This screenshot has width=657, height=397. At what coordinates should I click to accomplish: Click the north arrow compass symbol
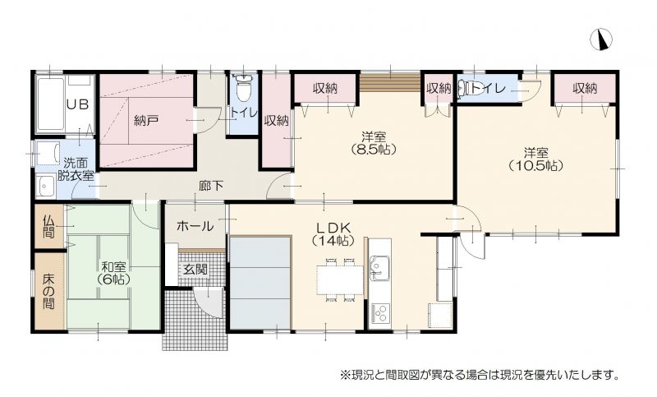pos(601,40)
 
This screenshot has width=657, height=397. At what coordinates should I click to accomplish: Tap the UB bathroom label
pos(78,104)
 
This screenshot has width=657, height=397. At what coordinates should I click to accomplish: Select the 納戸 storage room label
pos(146,121)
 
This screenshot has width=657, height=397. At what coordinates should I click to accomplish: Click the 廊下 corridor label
pos(211,186)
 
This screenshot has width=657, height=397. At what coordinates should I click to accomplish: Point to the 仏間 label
pos(49,226)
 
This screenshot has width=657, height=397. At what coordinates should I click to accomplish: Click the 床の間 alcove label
pos(49,291)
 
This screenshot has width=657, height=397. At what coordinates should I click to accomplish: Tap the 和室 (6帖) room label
pos(113,273)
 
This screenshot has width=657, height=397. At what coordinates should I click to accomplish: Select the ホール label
pos(195,227)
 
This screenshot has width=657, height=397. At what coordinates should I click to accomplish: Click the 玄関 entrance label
pos(195,269)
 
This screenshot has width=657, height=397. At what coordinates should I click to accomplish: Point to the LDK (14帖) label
pos(333,234)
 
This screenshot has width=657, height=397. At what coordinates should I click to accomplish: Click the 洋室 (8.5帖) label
pos(374,142)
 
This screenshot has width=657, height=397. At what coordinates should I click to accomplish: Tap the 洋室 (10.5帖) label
pos(535,159)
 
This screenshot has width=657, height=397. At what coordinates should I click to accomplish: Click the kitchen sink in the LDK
pos(379,268)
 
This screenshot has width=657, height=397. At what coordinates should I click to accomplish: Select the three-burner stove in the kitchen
pos(379,312)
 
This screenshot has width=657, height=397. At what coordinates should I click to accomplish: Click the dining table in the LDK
pos(340,280)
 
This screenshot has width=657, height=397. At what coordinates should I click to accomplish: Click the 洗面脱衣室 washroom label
pos(76,169)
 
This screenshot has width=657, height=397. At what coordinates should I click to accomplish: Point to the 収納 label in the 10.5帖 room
pos(585,88)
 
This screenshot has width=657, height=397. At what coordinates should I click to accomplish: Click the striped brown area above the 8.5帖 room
pos(390,82)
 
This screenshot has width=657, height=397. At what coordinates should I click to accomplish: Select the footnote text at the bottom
pos(480,374)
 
